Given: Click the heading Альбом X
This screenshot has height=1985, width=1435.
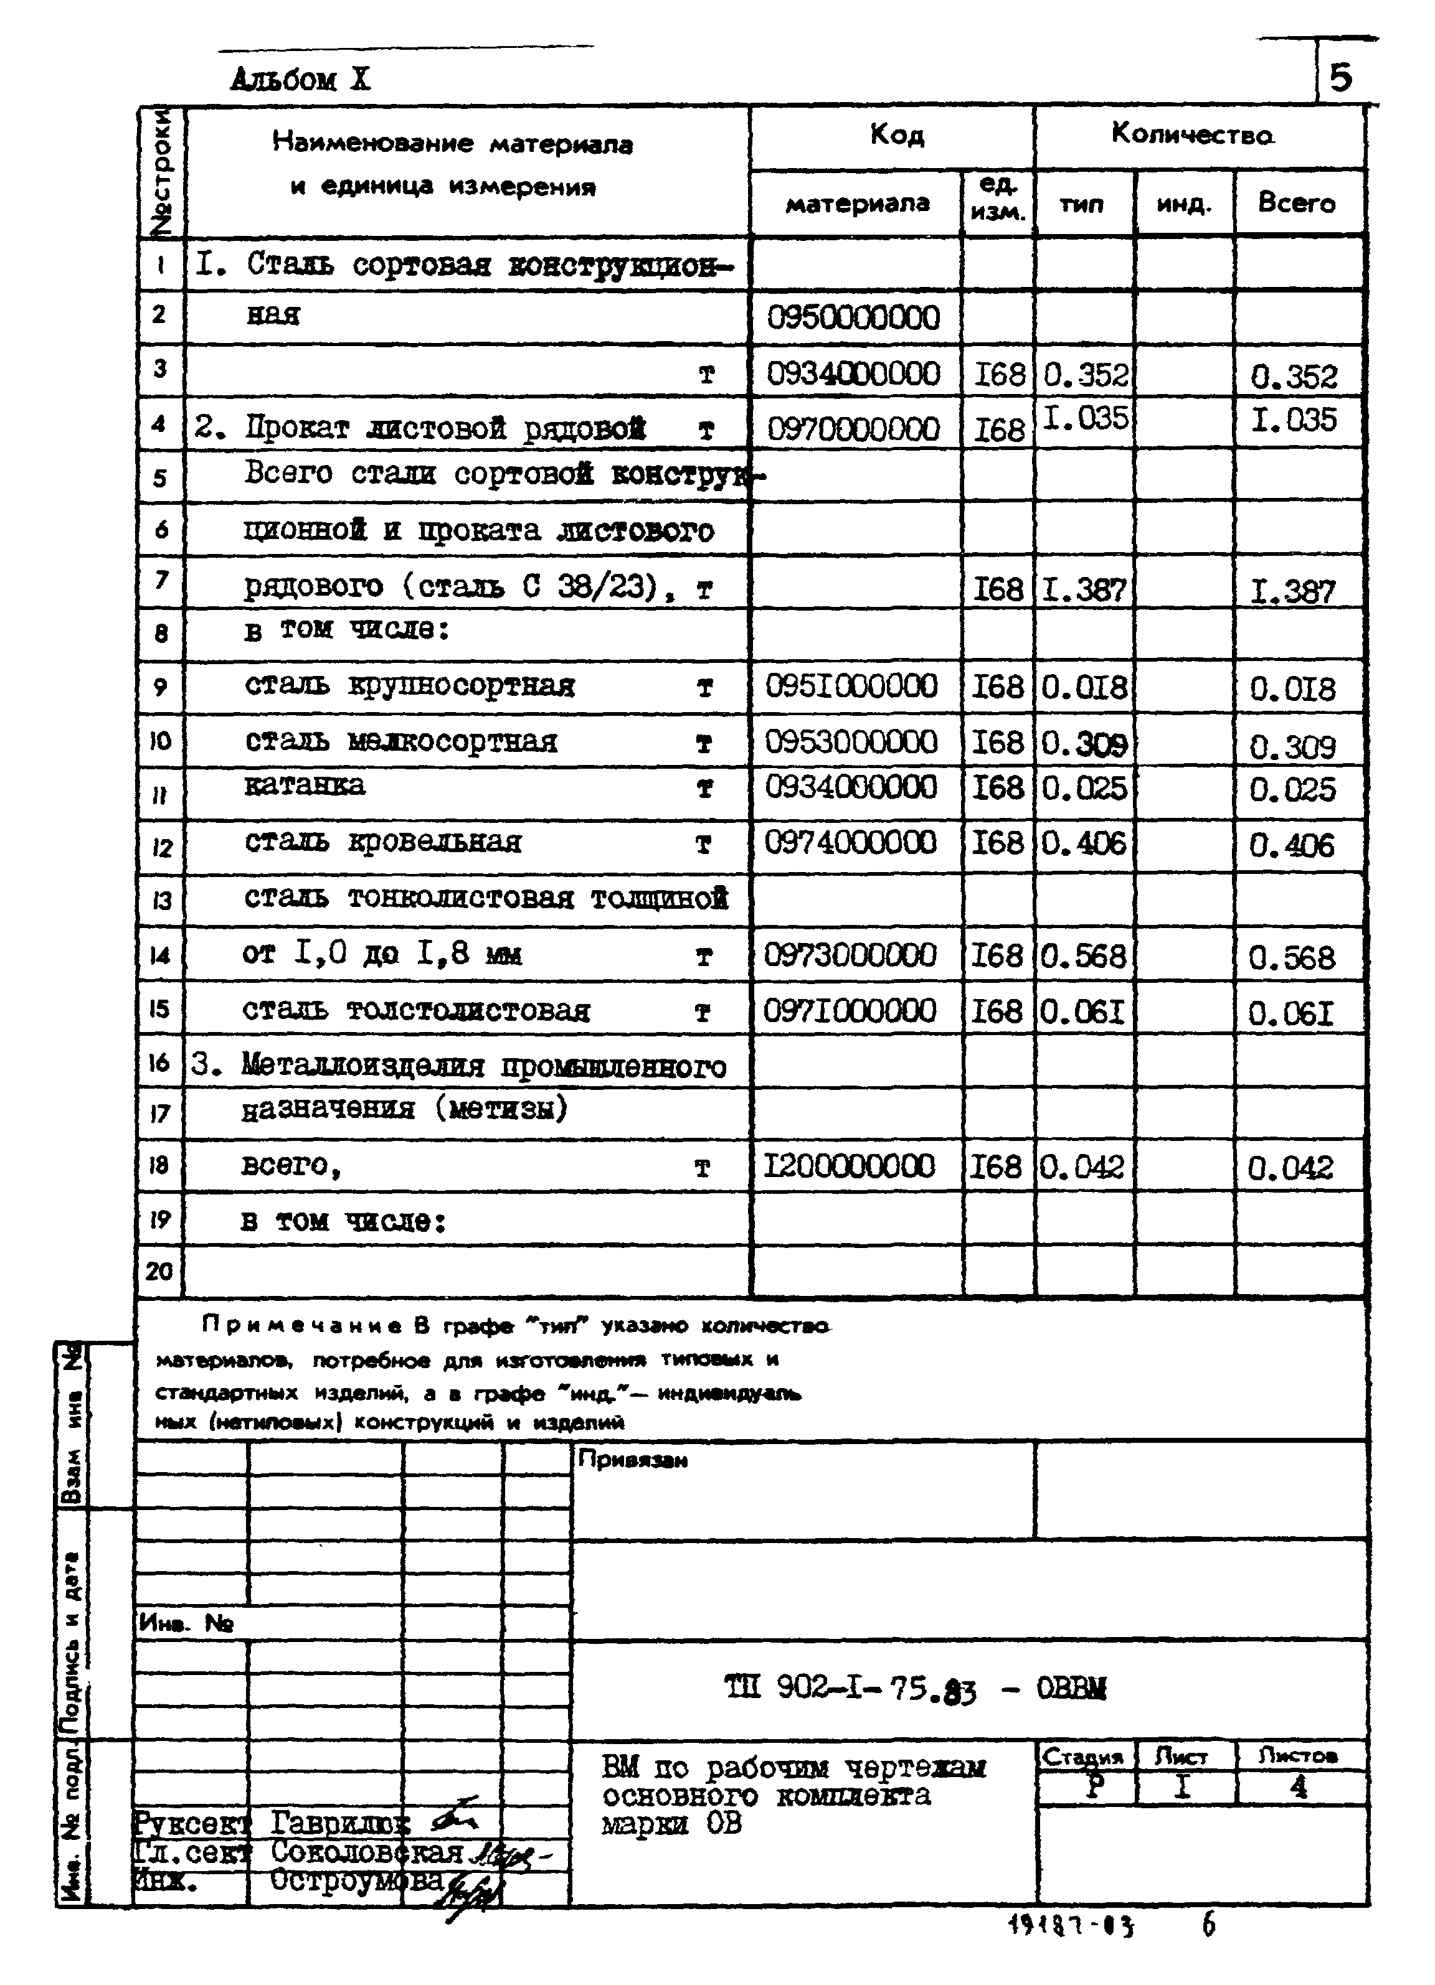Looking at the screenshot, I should coord(300,80).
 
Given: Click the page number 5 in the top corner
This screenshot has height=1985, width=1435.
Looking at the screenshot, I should coord(1340,78).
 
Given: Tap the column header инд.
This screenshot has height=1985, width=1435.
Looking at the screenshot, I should coord(1184,205).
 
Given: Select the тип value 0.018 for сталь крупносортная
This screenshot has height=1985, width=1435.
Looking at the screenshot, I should coord(1084,687).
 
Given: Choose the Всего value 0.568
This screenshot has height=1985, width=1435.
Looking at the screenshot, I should coord(1291,957).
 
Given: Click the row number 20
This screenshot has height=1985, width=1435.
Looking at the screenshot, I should coord(159,1271).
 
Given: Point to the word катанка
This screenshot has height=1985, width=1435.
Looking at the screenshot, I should coord(304,785).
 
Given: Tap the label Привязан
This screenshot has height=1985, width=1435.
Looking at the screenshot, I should coord(632,1460).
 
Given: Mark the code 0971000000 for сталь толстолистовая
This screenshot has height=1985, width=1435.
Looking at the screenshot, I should coord(850,1011).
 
